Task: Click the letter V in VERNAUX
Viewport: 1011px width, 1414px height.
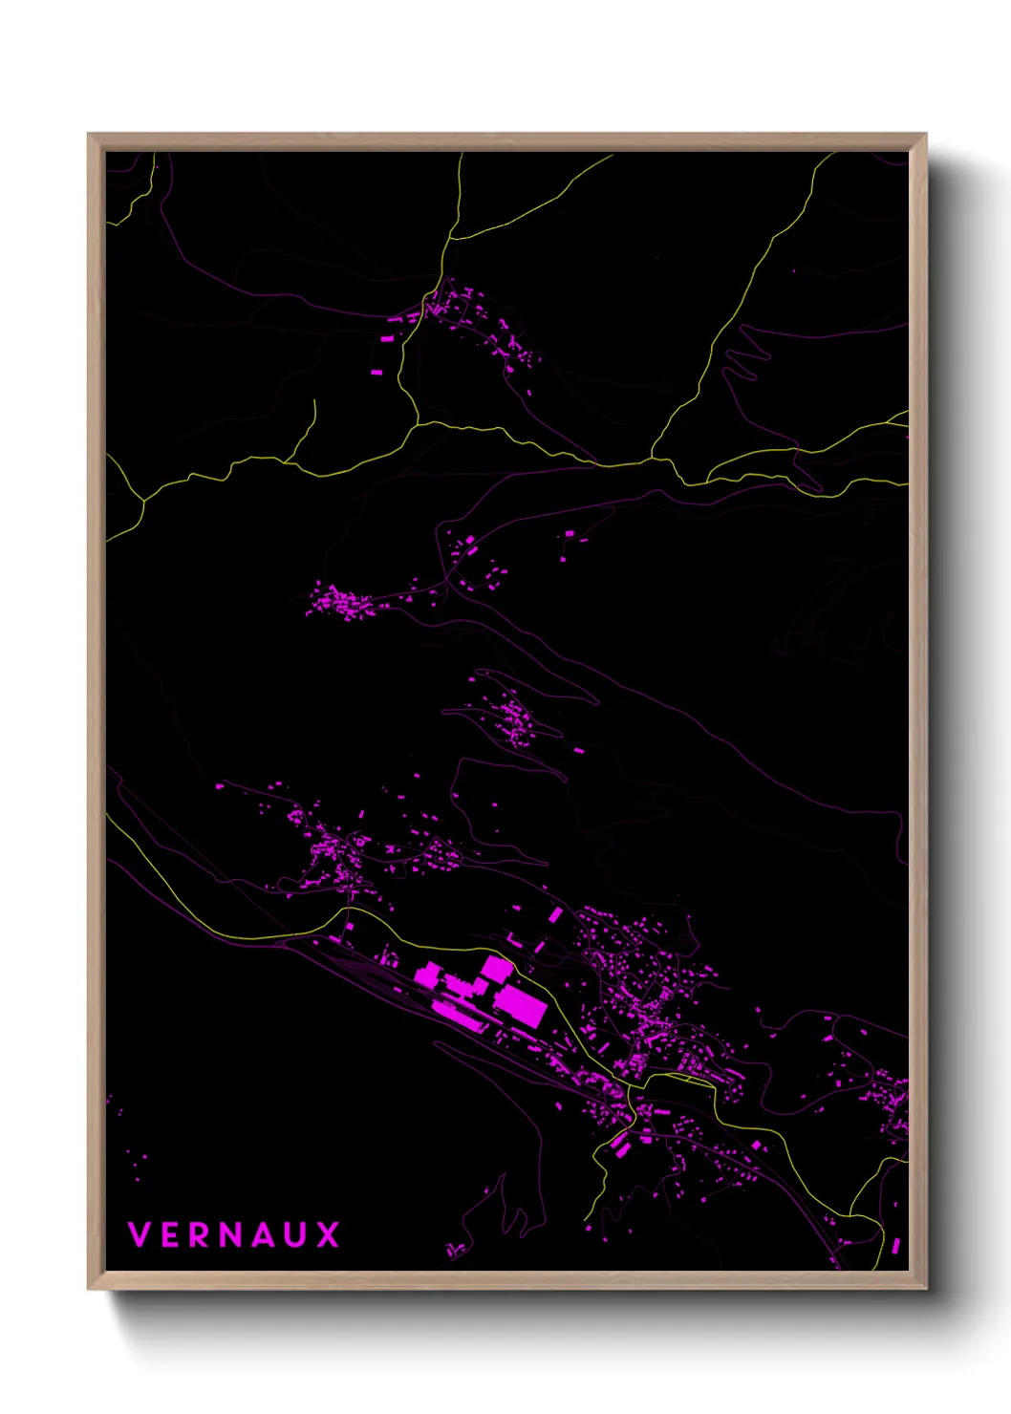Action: pos(140,1234)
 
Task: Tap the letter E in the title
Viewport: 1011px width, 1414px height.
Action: pos(170,1234)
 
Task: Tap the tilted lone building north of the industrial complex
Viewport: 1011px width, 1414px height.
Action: pos(555,915)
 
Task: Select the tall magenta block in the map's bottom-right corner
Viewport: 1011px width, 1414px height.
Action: pos(895,1245)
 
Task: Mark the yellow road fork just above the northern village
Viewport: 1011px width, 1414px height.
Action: pos(448,239)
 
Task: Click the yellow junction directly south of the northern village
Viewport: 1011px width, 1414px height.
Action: pos(419,421)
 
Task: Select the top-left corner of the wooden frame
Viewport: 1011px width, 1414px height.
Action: pos(89,135)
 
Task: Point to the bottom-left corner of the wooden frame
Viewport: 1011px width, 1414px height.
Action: pos(89,1289)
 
